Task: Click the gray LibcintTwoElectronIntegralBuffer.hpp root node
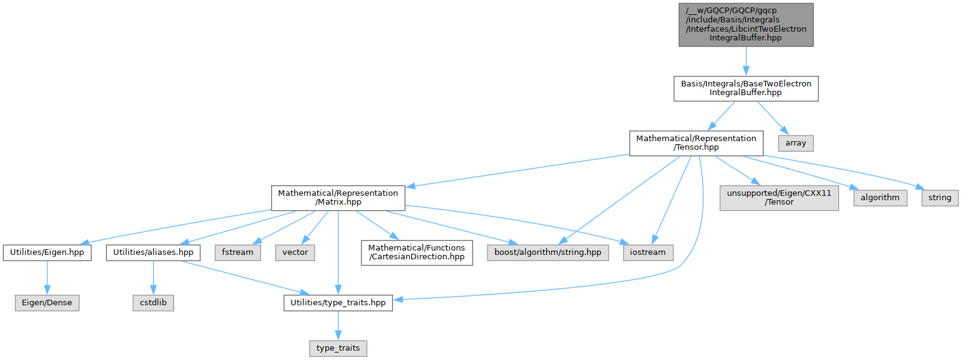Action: point(745,24)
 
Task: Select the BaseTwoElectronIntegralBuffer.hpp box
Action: point(745,88)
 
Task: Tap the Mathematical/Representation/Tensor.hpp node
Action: point(696,143)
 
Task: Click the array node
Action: point(795,143)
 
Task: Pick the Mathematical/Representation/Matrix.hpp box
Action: point(338,198)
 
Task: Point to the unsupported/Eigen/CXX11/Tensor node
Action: point(780,198)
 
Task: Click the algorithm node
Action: point(880,198)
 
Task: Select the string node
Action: point(940,198)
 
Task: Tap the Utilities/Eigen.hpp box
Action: point(47,252)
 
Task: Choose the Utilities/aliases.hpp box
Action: point(153,252)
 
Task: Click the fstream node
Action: point(237,252)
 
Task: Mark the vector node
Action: point(295,252)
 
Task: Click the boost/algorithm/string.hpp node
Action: point(548,252)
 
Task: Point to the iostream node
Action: point(647,252)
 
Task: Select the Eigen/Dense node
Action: point(47,303)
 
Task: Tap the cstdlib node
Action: point(153,303)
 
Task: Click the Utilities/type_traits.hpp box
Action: point(338,303)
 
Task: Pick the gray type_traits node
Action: point(338,348)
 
